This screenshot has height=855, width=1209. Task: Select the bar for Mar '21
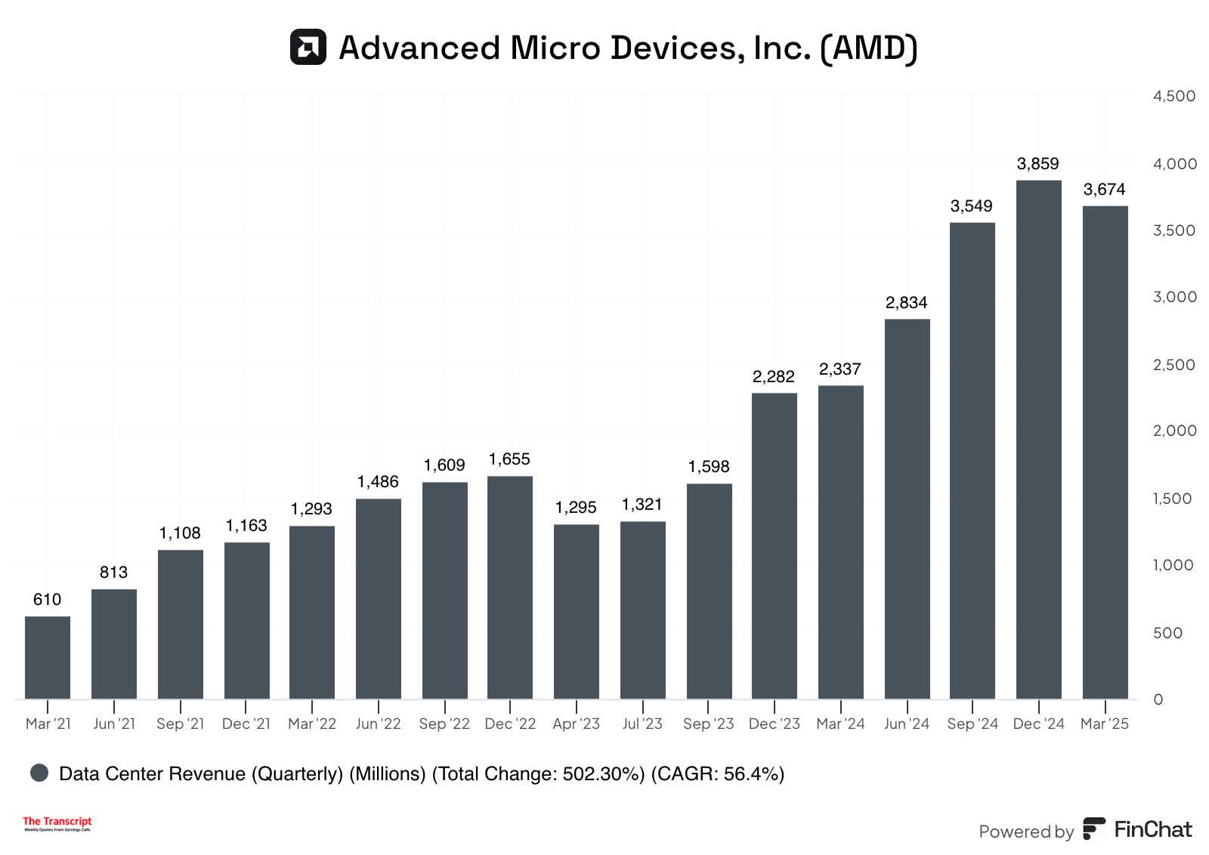(x=48, y=658)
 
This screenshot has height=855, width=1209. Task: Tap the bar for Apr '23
(x=576, y=612)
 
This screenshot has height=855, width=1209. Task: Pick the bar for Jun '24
(x=907, y=509)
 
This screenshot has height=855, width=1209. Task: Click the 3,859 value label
(x=1037, y=164)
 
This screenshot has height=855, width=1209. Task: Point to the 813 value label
(x=113, y=573)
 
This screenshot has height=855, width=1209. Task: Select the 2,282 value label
(x=773, y=376)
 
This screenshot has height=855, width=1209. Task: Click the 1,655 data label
(x=509, y=459)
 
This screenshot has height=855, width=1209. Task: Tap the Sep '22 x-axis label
(x=444, y=724)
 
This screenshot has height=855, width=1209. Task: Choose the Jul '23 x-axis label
(x=642, y=724)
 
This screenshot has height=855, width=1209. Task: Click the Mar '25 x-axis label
(x=1104, y=724)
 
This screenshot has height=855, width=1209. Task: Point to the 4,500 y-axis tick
(x=1173, y=96)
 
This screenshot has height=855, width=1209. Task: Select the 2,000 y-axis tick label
(x=1174, y=431)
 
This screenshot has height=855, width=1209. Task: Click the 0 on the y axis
(x=1158, y=699)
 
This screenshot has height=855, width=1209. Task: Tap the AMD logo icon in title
(x=308, y=47)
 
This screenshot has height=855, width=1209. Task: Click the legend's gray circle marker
(x=39, y=773)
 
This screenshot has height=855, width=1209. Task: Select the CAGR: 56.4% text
(x=717, y=773)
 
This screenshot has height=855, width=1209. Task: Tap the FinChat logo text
(x=1152, y=829)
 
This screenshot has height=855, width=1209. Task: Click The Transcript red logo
(x=57, y=823)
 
